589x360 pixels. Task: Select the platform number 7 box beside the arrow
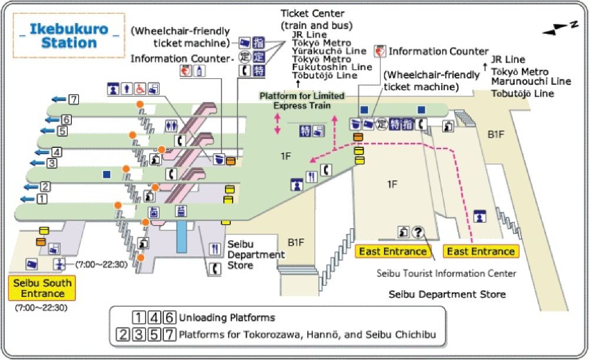(x=73, y=99)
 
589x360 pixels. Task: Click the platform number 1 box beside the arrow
(x=41, y=199)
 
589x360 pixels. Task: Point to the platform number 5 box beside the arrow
(x=62, y=131)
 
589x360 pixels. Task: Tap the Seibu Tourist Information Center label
(x=446, y=273)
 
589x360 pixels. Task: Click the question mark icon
(x=418, y=232)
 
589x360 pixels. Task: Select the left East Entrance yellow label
(x=391, y=252)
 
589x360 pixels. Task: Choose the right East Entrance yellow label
(x=480, y=252)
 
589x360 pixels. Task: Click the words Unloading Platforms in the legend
(x=227, y=318)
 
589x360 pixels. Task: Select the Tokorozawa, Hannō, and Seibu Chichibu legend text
(x=307, y=335)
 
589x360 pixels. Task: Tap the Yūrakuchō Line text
(x=329, y=51)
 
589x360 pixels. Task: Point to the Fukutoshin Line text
(x=332, y=67)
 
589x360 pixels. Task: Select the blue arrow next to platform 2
(x=28, y=187)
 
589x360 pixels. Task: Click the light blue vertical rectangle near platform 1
(x=182, y=235)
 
